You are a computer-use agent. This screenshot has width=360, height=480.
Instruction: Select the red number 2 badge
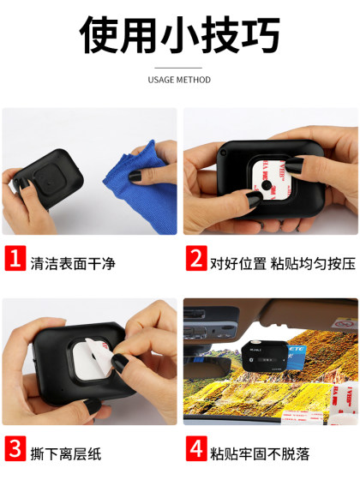tap(195, 258)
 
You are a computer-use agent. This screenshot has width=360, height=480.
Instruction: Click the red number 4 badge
tap(195, 447)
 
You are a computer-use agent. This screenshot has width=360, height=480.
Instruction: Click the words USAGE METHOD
tap(179, 80)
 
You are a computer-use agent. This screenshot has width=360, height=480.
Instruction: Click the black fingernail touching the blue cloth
tap(134, 177)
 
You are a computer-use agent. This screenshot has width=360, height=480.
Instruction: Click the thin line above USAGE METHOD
tap(179, 68)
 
